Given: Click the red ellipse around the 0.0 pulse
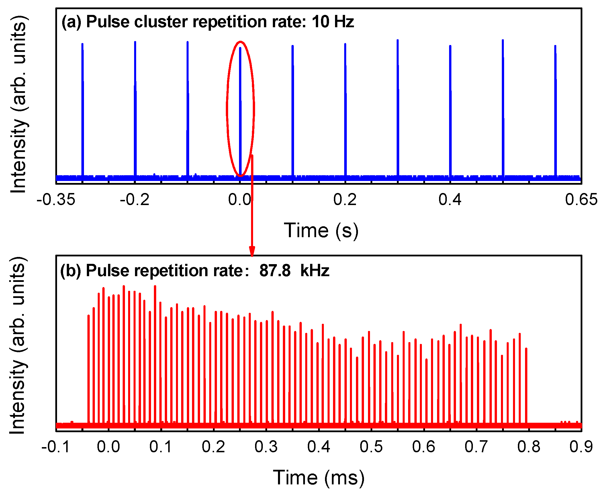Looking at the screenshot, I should [227, 109].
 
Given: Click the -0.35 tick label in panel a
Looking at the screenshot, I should [56, 200].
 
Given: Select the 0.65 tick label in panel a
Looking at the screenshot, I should [581, 200].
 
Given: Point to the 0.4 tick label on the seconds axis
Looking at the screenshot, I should [450, 200].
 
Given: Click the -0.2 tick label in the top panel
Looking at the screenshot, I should [135, 200].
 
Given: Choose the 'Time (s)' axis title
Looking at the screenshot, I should [321, 231].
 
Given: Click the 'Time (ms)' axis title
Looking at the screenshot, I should [319, 478].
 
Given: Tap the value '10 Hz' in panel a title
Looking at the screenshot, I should [333, 22].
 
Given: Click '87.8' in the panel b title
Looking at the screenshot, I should [275, 271].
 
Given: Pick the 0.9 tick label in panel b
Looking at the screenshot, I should [581, 447].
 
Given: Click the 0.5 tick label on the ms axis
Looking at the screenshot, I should [371, 447].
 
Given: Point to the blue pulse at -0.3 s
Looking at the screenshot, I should [83, 109].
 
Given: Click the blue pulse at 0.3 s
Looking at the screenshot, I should [398, 109].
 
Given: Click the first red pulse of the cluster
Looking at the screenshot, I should [89, 370].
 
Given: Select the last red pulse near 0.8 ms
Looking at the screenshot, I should [526, 387].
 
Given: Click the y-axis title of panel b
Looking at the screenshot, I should [18, 345].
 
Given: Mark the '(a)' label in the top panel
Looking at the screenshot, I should [71, 22].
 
